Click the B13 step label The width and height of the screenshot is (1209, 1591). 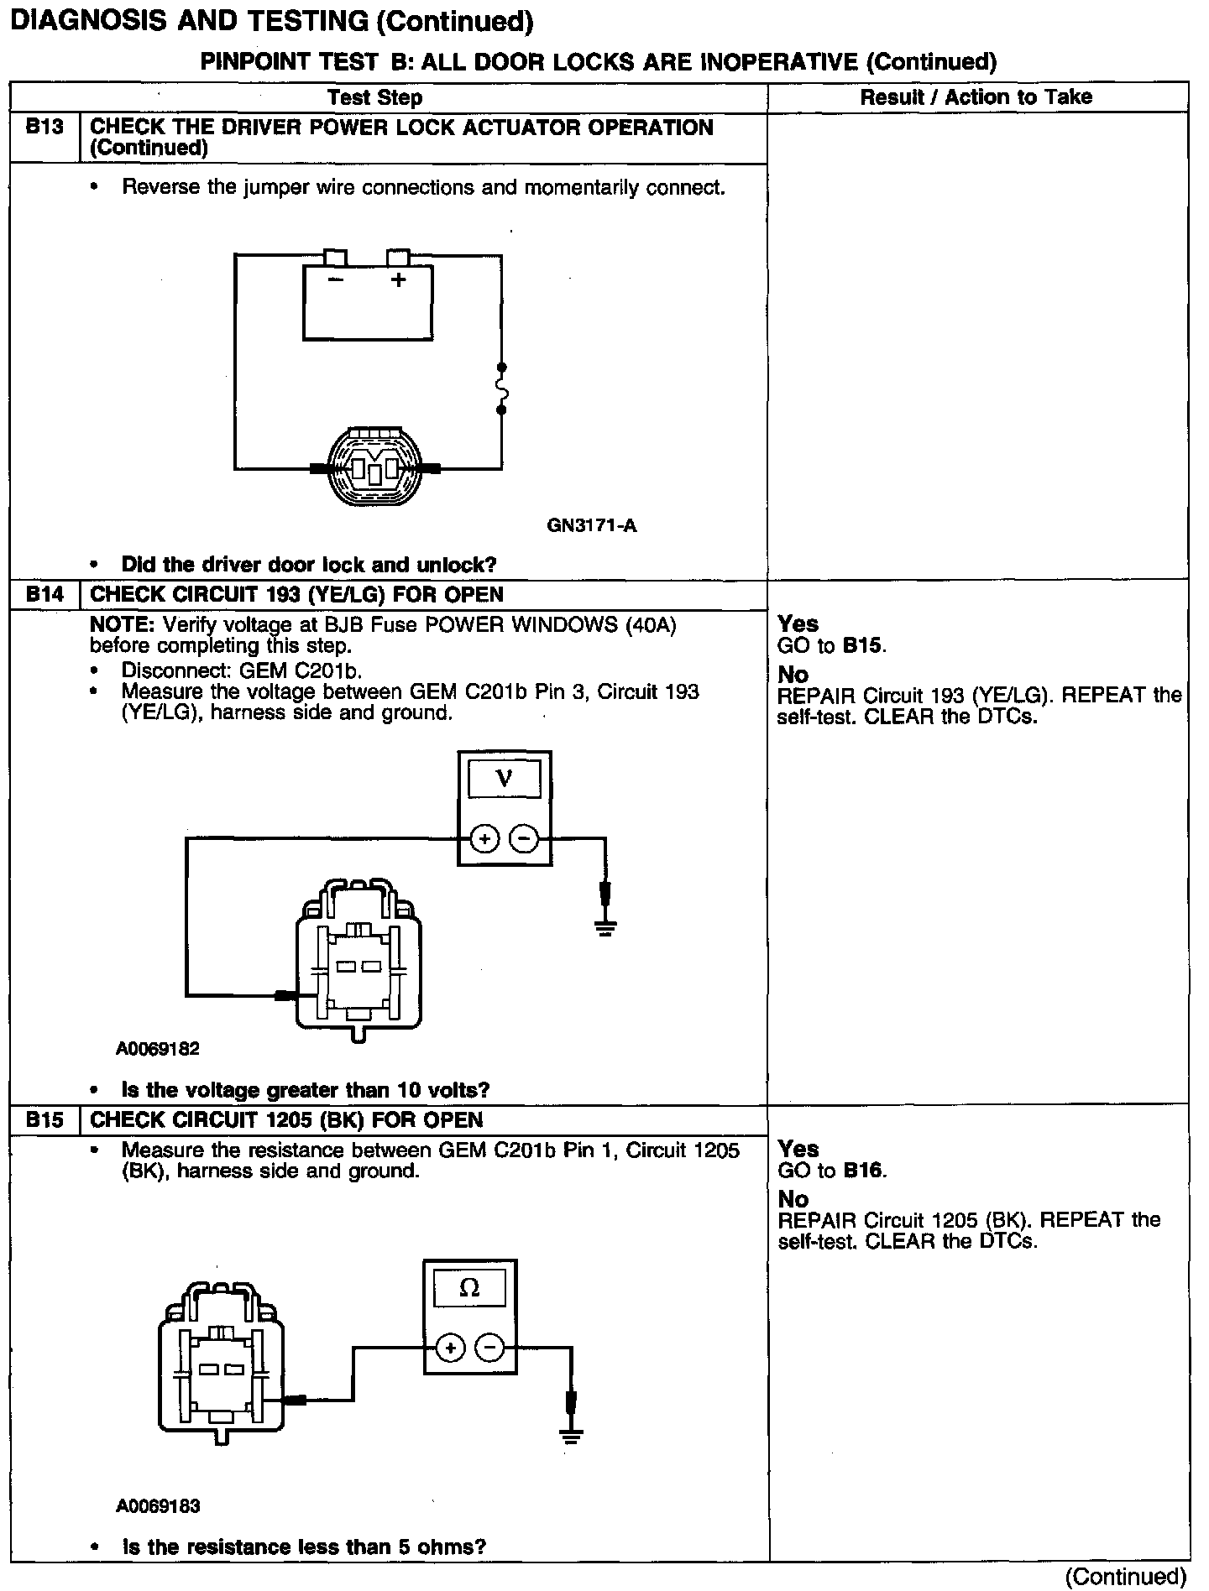point(44,128)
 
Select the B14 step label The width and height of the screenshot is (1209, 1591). point(44,595)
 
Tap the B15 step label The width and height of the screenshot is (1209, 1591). point(44,1120)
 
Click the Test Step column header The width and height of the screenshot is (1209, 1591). point(374,97)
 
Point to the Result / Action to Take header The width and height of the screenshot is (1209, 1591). point(976,97)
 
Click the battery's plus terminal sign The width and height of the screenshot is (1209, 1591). point(398,279)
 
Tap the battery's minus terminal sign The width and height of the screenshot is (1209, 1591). point(335,279)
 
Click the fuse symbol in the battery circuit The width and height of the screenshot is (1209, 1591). point(502,389)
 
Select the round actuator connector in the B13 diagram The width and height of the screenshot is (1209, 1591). point(372,467)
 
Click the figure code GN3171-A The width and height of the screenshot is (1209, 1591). point(591,526)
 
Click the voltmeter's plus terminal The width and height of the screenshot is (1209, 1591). point(484,838)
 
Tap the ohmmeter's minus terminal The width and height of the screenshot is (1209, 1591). point(489,1348)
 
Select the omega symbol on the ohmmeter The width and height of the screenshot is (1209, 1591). point(469,1288)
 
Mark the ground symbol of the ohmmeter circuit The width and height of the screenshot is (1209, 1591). point(571,1437)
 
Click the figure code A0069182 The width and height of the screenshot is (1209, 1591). point(158,1049)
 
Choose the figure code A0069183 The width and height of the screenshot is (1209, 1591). point(158,1506)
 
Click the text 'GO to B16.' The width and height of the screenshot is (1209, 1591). point(832,1171)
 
